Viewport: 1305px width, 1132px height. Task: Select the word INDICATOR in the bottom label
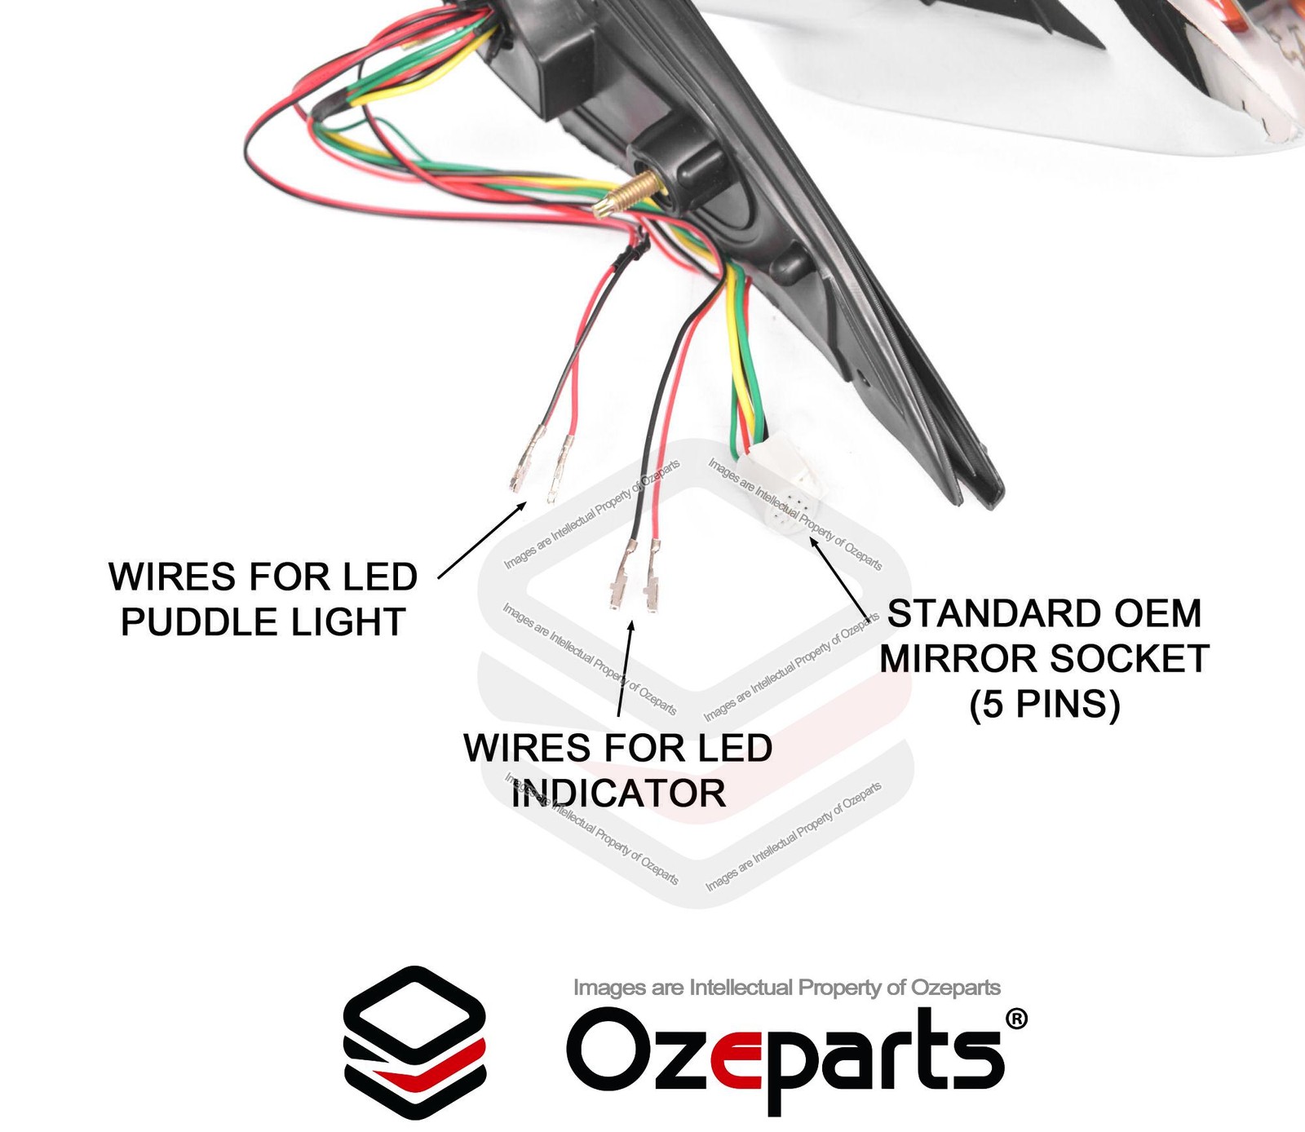click(x=619, y=794)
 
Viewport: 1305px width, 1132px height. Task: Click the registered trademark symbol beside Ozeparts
click(x=1015, y=1019)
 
